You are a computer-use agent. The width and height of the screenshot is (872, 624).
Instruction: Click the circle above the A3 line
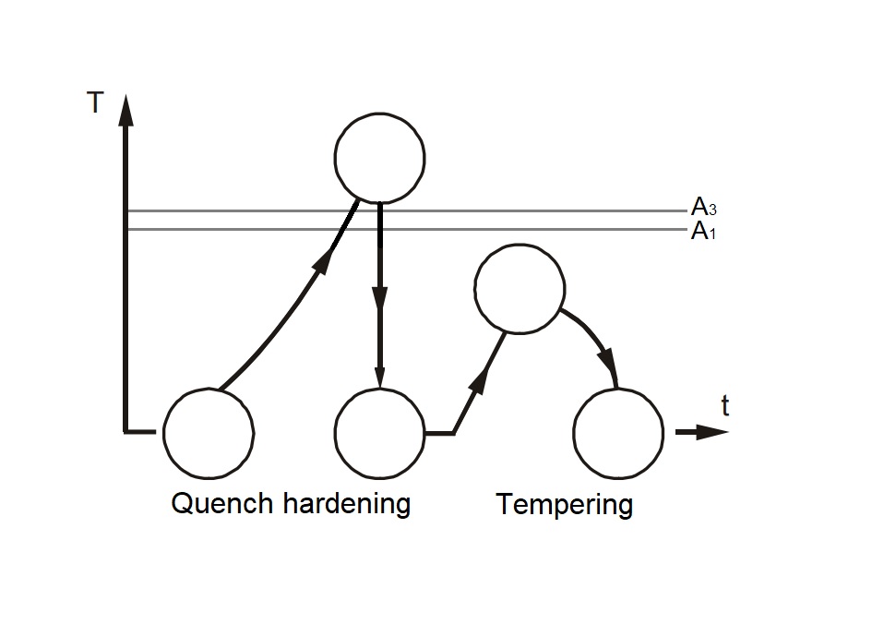pyautogui.click(x=379, y=157)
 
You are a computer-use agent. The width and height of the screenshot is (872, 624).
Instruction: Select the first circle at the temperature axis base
pyautogui.click(x=209, y=431)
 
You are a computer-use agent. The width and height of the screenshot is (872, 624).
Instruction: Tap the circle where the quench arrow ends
pyautogui.click(x=379, y=431)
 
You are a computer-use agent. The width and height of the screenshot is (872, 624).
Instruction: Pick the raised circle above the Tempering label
pyautogui.click(x=519, y=288)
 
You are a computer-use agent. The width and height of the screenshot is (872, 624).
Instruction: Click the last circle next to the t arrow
pyautogui.click(x=618, y=431)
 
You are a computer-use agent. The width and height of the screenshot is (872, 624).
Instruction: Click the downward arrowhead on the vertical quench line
pyautogui.click(x=379, y=301)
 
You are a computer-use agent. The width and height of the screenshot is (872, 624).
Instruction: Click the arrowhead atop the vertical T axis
pyautogui.click(x=125, y=110)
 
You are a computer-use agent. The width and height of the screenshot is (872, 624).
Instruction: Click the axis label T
pyautogui.click(x=94, y=102)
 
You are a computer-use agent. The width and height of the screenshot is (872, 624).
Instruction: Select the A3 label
pyautogui.click(x=703, y=208)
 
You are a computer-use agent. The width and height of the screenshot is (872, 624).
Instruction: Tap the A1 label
pyautogui.click(x=703, y=231)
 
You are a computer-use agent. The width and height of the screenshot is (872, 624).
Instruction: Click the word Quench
pyautogui.click(x=222, y=504)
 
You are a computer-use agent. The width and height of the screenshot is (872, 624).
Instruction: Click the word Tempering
pyautogui.click(x=565, y=506)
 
